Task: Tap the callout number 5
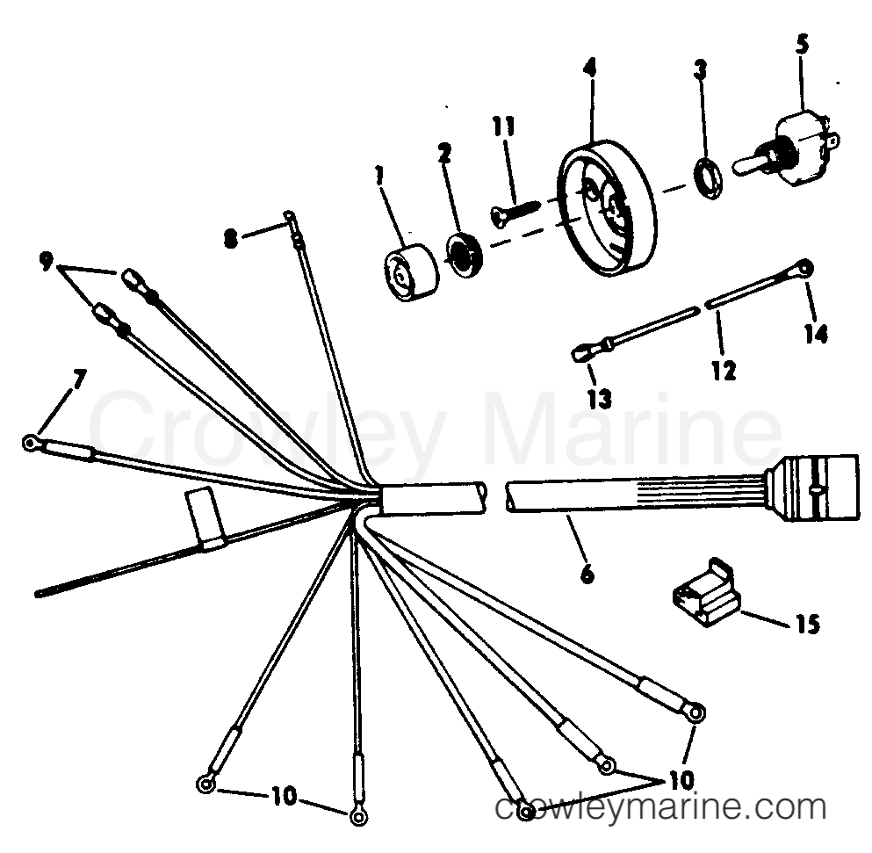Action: point(802,45)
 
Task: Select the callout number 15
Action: point(809,625)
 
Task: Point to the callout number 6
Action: point(587,574)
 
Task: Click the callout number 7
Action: point(78,380)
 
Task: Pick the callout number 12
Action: point(724,370)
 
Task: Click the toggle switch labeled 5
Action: point(785,147)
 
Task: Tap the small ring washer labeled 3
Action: point(710,177)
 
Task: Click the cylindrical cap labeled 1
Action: point(412,272)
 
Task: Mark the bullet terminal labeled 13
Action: point(581,353)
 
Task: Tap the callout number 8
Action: point(230,241)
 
